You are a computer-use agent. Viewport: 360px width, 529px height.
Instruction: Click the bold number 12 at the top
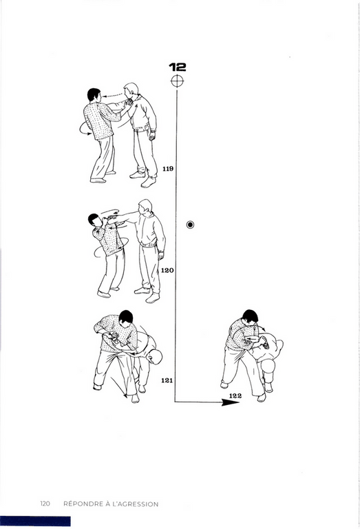click(x=178, y=67)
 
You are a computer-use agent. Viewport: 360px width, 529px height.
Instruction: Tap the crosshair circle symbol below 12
click(x=178, y=81)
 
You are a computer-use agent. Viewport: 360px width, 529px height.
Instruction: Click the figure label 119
click(x=168, y=169)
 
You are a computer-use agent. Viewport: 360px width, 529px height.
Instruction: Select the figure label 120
click(x=167, y=270)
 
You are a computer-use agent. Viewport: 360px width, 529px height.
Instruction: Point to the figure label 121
click(x=167, y=380)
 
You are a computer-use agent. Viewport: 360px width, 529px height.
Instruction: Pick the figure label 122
click(x=235, y=395)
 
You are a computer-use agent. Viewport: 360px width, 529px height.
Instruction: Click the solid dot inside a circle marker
click(x=190, y=225)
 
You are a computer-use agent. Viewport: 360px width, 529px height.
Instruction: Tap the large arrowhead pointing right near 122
click(x=230, y=402)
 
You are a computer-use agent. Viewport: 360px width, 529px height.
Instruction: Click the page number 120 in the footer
click(x=45, y=504)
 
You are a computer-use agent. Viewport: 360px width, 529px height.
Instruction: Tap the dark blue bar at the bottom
click(x=35, y=521)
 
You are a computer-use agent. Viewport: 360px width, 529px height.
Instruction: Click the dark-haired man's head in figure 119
click(x=94, y=95)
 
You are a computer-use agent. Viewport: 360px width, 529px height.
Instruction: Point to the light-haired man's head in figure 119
click(x=131, y=91)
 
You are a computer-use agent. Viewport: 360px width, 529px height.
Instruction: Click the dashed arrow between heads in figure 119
click(x=113, y=96)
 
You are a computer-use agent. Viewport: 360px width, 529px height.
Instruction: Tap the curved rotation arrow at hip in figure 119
click(x=83, y=129)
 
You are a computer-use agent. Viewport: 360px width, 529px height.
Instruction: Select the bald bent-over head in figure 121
click(x=155, y=357)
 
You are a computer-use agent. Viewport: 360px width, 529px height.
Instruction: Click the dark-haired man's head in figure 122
click(x=250, y=317)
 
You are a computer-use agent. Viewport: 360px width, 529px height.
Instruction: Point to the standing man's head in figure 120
click(x=146, y=207)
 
